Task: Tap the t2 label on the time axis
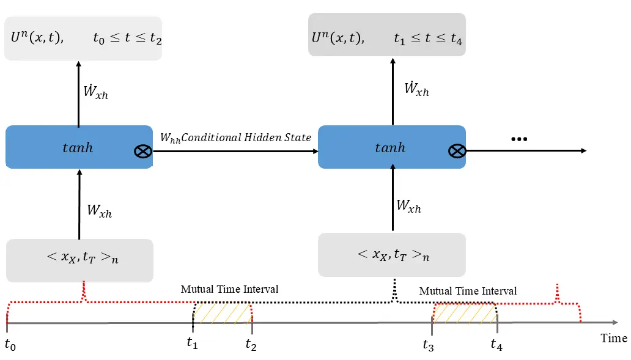[251, 345]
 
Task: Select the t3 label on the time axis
[429, 345]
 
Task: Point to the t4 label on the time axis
[496, 345]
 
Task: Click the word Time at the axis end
[613, 338]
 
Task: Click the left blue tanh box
[78, 147]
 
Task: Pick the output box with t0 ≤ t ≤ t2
[83, 38]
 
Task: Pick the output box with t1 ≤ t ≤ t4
[386, 38]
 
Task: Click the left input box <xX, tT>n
[79, 259]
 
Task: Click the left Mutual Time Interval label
[229, 289]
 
